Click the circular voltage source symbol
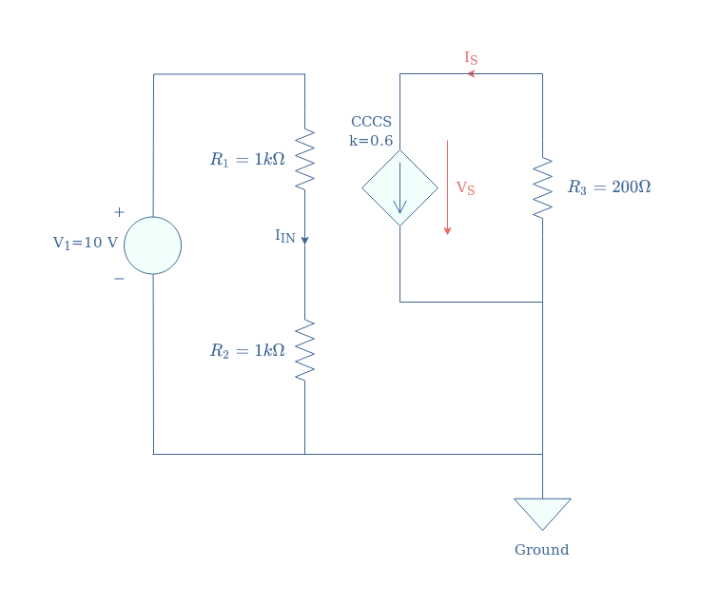click(152, 245)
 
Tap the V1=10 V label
click(86, 243)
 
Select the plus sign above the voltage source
click(119, 212)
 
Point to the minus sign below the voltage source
click(119, 279)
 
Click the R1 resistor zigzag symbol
click(305, 160)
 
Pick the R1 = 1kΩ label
click(247, 160)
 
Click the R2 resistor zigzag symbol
click(305, 350)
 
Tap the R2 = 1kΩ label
click(247, 350)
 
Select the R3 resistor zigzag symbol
click(543, 188)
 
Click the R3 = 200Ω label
click(609, 186)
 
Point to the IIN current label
click(284, 236)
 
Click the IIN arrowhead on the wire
click(305, 241)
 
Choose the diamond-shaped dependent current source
click(399, 188)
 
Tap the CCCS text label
click(371, 122)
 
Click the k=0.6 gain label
click(371, 141)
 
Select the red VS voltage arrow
click(447, 187)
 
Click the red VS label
click(465, 188)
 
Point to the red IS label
click(471, 58)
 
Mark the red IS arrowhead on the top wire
click(471, 74)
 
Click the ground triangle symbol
click(543, 514)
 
